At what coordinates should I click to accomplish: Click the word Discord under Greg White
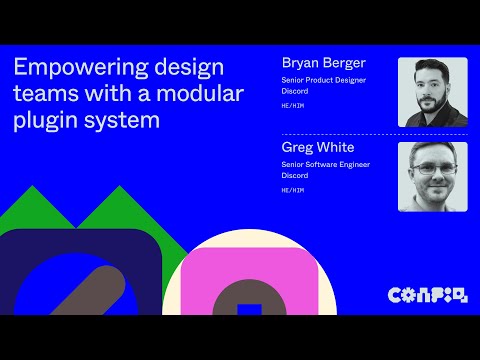[x=296, y=175]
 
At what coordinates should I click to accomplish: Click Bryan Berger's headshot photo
[x=432, y=92]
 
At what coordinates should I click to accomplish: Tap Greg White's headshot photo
[x=432, y=176]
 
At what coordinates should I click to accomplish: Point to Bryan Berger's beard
[x=430, y=104]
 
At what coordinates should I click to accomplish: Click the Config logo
[x=427, y=294]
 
